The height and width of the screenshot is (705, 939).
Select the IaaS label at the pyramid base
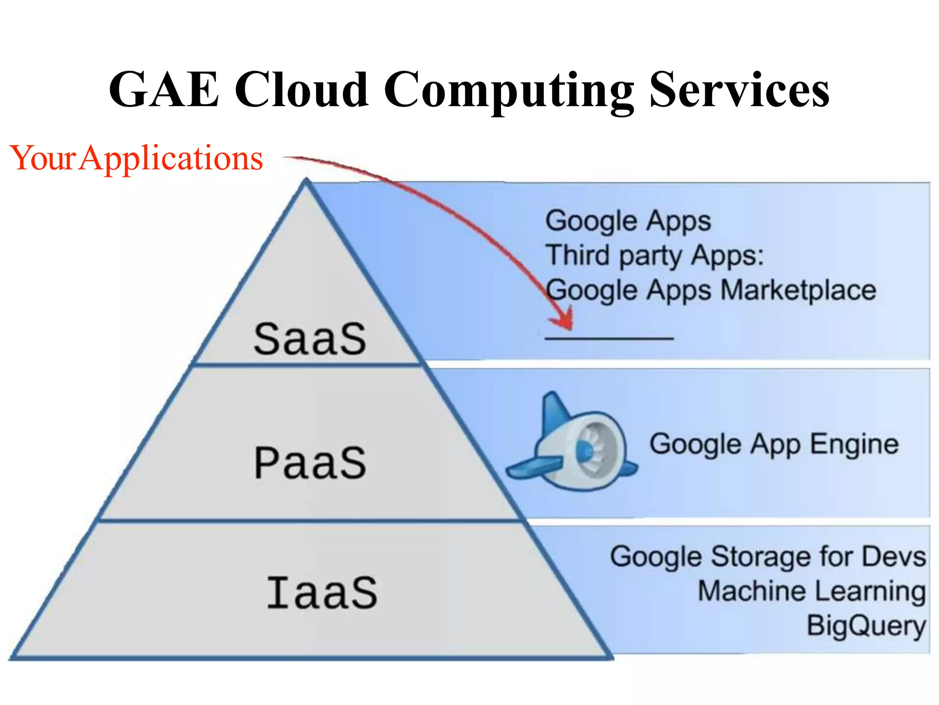coord(322,593)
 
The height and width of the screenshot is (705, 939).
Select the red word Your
coord(42,158)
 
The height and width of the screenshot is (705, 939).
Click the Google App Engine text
coord(774,444)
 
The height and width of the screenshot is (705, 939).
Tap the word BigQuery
coord(866,626)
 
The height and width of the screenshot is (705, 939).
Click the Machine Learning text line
coord(812,591)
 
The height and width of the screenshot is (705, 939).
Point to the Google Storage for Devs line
coord(768,557)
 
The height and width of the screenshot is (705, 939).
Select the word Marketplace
coord(798,291)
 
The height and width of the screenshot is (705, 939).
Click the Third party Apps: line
coord(654,256)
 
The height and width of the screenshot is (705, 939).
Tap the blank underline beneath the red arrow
coord(609,339)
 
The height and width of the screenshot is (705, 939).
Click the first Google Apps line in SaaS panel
coord(628,221)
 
